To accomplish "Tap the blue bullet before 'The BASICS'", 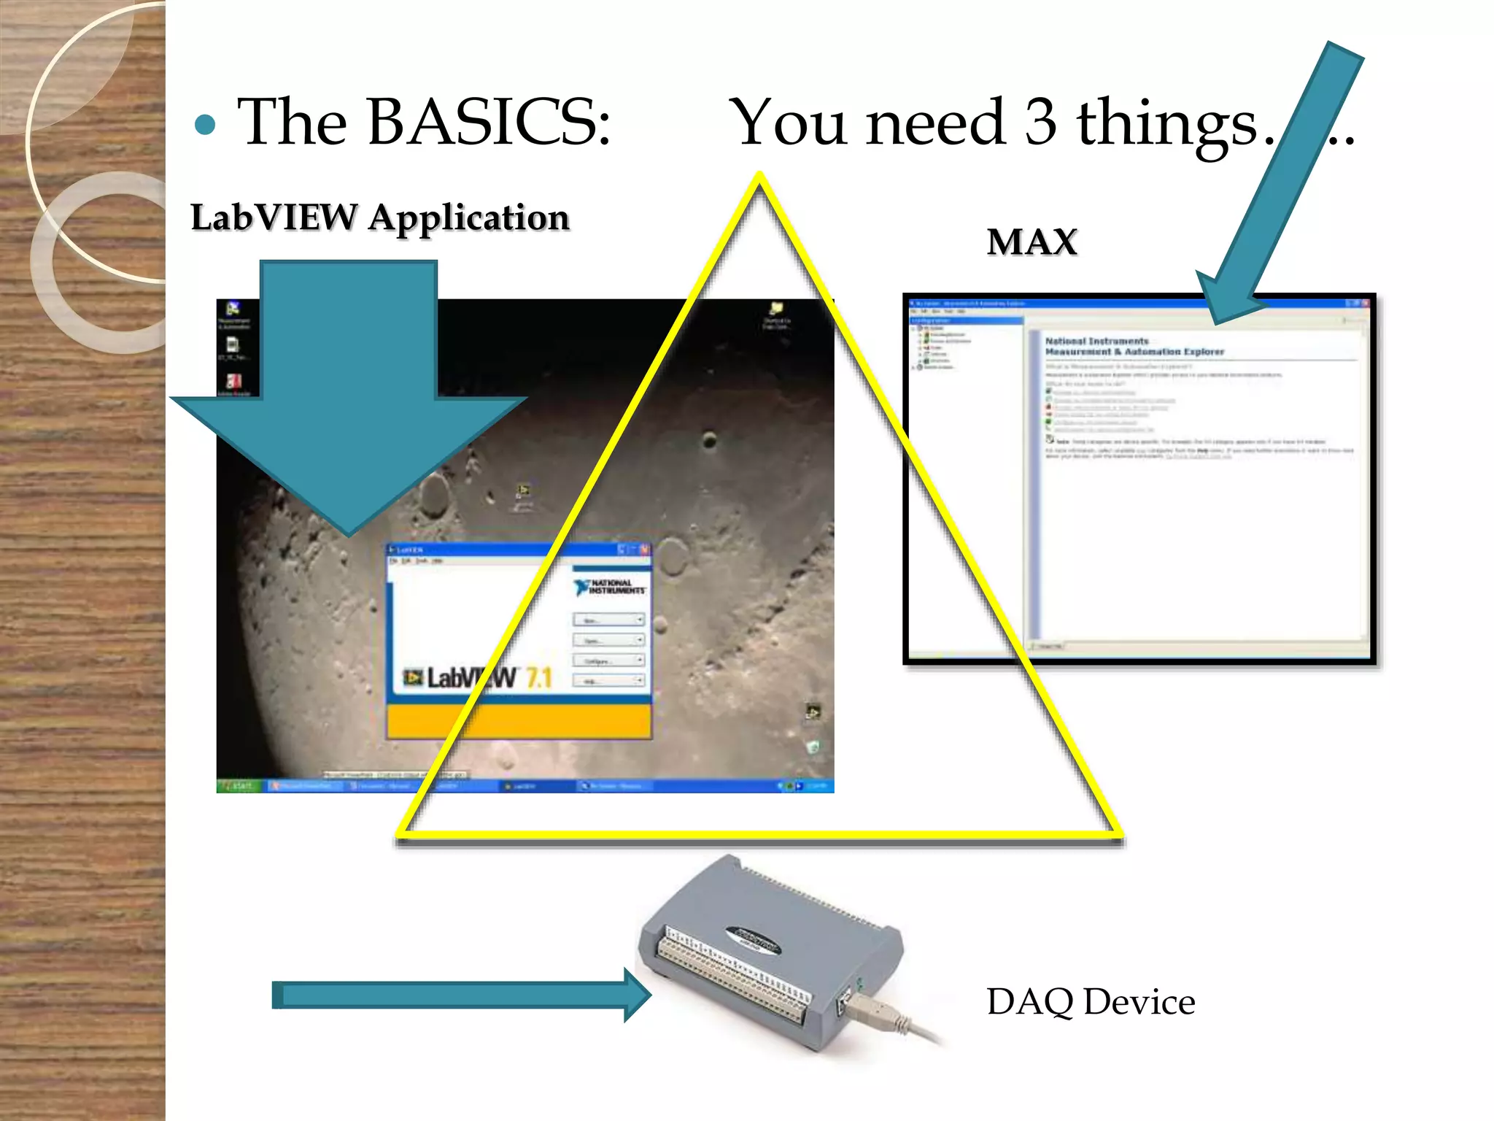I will pos(206,125).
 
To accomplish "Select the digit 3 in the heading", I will pos(1040,123).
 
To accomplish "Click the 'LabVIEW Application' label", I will pos(379,217).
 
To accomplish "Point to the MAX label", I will pos(1032,242).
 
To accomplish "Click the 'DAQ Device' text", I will pos(1091,1002).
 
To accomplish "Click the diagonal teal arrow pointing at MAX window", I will pos(1284,182).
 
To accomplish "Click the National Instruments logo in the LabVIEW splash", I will pos(609,587).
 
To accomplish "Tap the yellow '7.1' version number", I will pos(538,678).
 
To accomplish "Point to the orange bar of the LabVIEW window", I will pos(519,720).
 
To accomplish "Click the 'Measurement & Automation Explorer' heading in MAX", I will pos(1134,352).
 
